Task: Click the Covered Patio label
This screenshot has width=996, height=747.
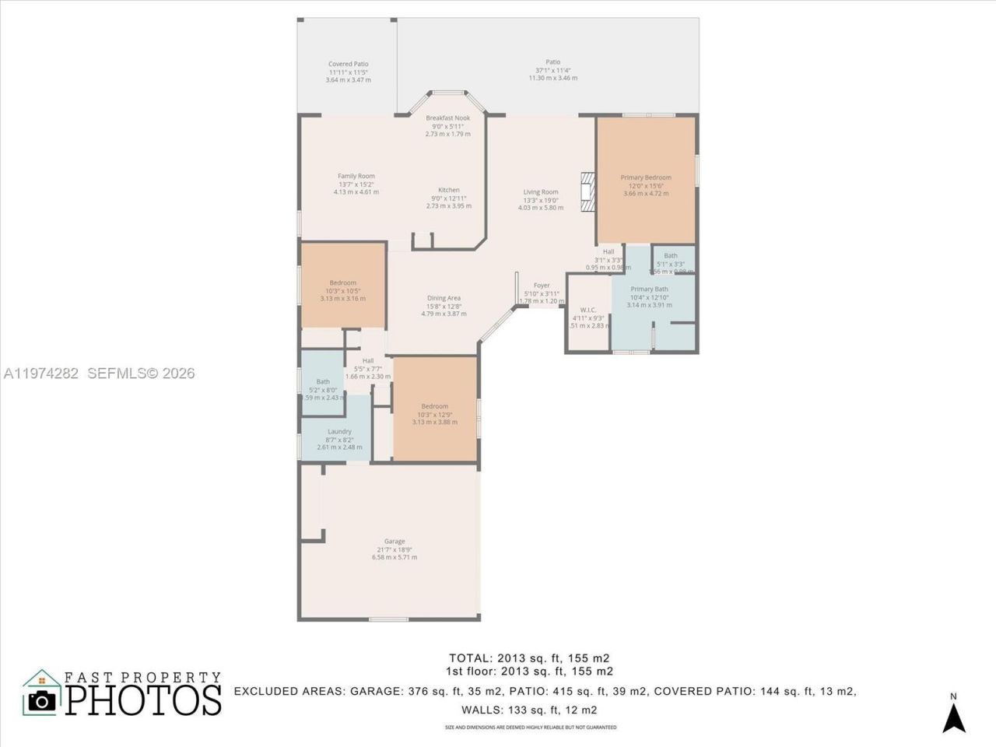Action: [348, 65]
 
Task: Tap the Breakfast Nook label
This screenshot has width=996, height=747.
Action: [447, 118]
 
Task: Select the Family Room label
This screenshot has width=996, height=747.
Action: [356, 177]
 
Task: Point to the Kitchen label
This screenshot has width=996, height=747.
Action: [449, 191]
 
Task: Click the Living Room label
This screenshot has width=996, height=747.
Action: [541, 192]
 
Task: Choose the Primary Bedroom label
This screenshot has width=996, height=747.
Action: [646, 178]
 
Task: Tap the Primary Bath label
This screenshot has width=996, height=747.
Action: [649, 289]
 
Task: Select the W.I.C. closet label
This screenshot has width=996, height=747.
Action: [588, 310]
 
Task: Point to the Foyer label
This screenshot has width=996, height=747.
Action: [542, 286]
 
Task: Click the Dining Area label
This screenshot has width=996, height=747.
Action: [444, 298]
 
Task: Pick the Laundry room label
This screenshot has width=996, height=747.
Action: [339, 432]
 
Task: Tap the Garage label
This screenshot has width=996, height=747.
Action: [395, 542]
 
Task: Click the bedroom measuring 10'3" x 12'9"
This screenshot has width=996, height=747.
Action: [435, 407]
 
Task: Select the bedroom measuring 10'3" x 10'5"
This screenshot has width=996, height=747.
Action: [342, 283]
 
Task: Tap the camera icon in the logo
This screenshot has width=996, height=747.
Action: [42, 700]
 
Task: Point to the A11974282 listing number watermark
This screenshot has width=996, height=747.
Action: [40, 373]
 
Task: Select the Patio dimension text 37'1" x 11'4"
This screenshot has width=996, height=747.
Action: [552, 70]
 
